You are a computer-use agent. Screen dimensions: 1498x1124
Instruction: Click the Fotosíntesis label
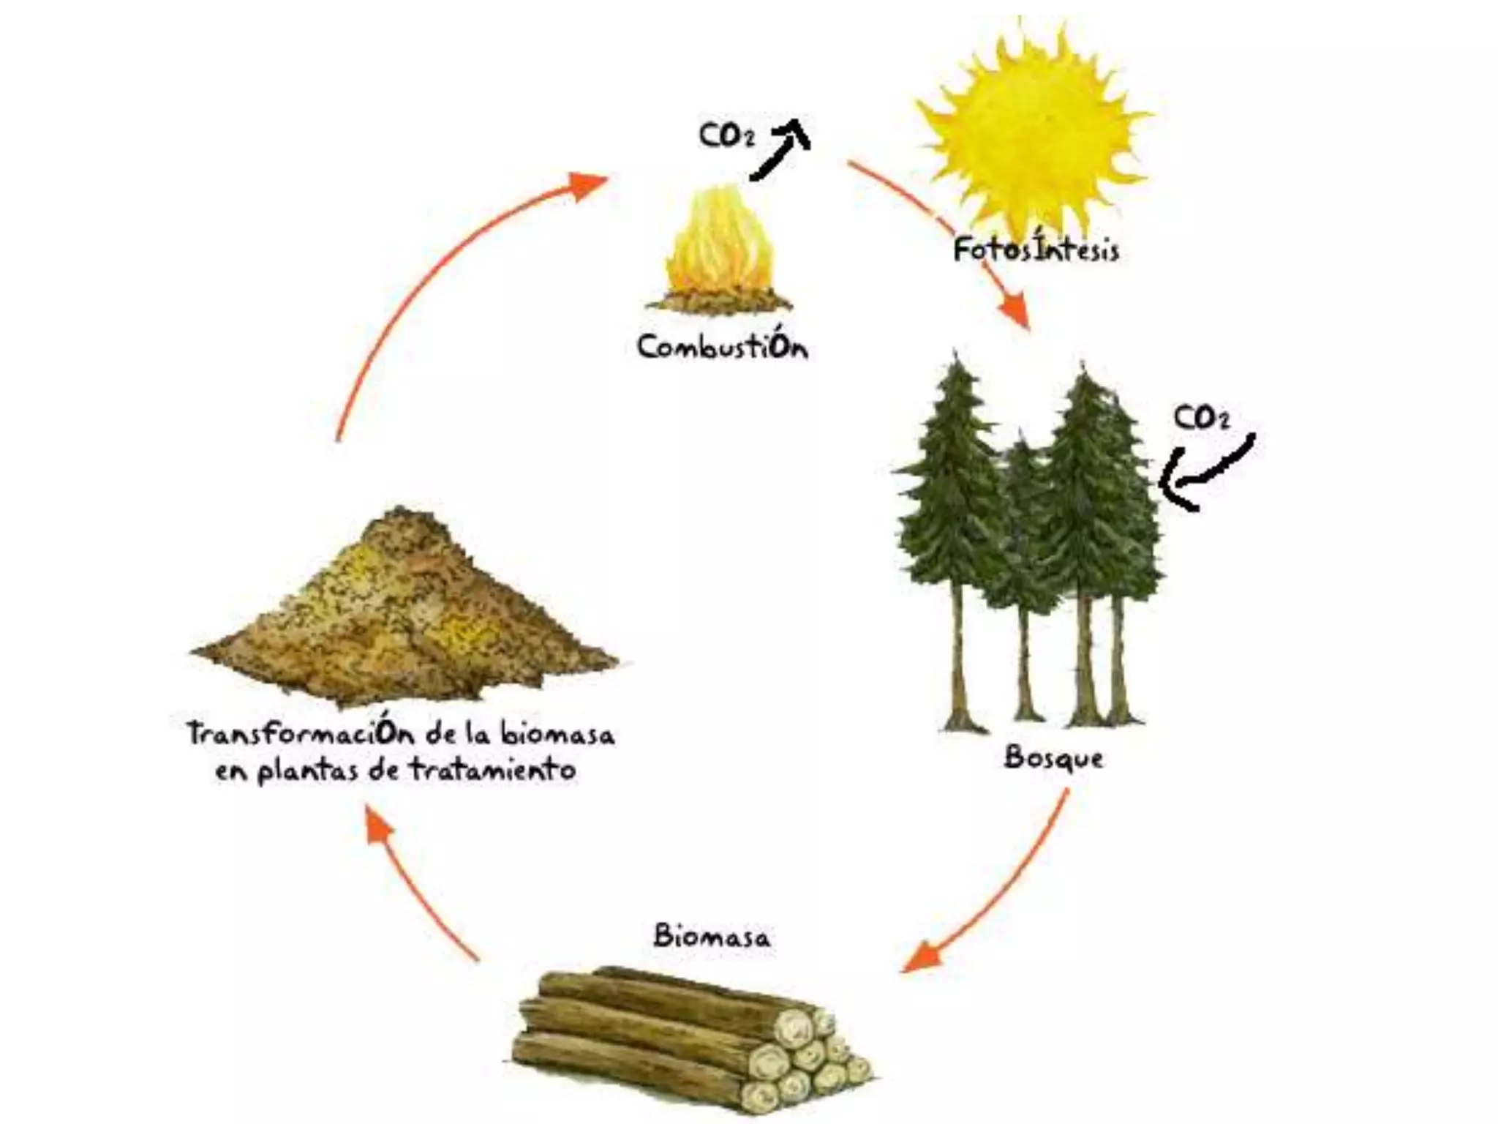(1036, 250)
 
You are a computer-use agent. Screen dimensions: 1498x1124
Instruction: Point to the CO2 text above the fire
(726, 136)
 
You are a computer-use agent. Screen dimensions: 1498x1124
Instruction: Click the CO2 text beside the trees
(1202, 419)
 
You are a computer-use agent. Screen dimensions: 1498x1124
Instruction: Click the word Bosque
(1053, 757)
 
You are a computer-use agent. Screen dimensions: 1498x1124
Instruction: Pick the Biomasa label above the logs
(711, 937)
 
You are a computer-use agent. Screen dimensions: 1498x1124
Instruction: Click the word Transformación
(300, 733)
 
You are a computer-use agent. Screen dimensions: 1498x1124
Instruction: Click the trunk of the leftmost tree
(958, 659)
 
